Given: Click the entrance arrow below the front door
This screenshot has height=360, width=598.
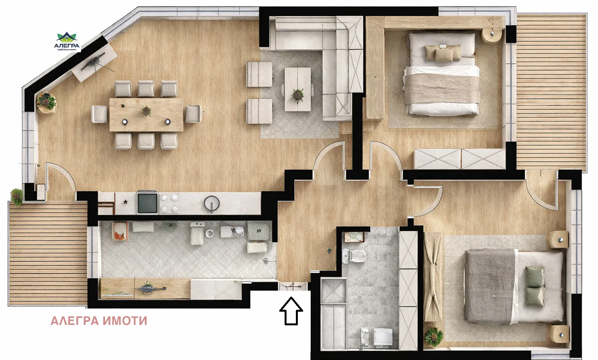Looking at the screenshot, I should point(291,311).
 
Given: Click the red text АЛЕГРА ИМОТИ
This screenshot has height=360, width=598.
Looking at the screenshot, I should point(99,321).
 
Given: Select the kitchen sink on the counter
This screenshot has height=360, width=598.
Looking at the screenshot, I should point(212,203).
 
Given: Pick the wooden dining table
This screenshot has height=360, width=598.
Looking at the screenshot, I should point(146,115).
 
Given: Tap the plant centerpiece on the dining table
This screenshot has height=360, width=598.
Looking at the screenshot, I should point(146,111).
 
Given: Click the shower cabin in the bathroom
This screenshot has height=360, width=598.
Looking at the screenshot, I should point(333,290).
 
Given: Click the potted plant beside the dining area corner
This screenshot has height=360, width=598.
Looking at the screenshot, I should point(46,102).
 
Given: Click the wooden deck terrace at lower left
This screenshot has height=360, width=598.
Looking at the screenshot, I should point(47,253).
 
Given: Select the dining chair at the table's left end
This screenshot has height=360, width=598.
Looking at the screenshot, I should point(100,114).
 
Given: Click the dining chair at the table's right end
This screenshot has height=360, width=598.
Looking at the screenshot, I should point(192,114).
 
